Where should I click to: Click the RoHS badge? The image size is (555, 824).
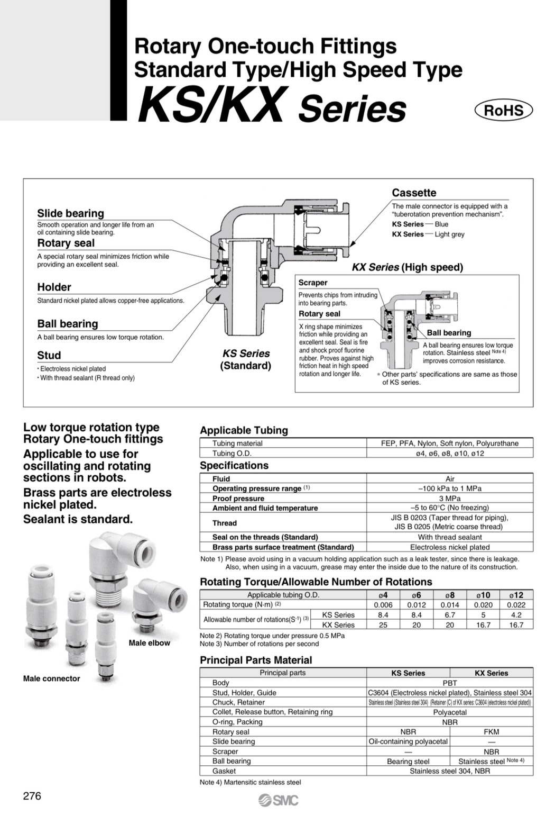pos(503,110)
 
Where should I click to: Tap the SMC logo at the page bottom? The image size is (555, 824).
pos(279,800)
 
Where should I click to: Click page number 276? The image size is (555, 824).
pos(32,796)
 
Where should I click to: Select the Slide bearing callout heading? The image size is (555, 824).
pos(70,213)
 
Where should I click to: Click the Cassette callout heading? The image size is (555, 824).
pos(414,193)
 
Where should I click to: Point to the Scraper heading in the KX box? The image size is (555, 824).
pos(313,283)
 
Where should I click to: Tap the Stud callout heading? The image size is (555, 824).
pos(49,355)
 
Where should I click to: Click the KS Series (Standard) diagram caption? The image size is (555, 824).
pos(246,359)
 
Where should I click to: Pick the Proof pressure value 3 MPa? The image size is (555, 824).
pos(450,498)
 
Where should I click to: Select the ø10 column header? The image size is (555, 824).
pos(483,595)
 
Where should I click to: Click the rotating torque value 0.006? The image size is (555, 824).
pos(383,605)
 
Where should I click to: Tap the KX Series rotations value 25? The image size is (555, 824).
pos(383,625)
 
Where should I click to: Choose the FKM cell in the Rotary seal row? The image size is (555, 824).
pos(491,732)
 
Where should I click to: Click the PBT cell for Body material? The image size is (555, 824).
pos(450,683)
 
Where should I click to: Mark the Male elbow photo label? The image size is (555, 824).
pos(150,643)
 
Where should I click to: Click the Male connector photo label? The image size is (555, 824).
pos(52,678)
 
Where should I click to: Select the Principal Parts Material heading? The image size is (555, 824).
pos(256,660)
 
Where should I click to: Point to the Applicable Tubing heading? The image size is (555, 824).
pos(244,430)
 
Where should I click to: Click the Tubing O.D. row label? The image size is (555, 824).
pos(232,454)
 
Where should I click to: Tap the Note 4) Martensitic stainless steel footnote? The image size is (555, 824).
pos(250,782)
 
